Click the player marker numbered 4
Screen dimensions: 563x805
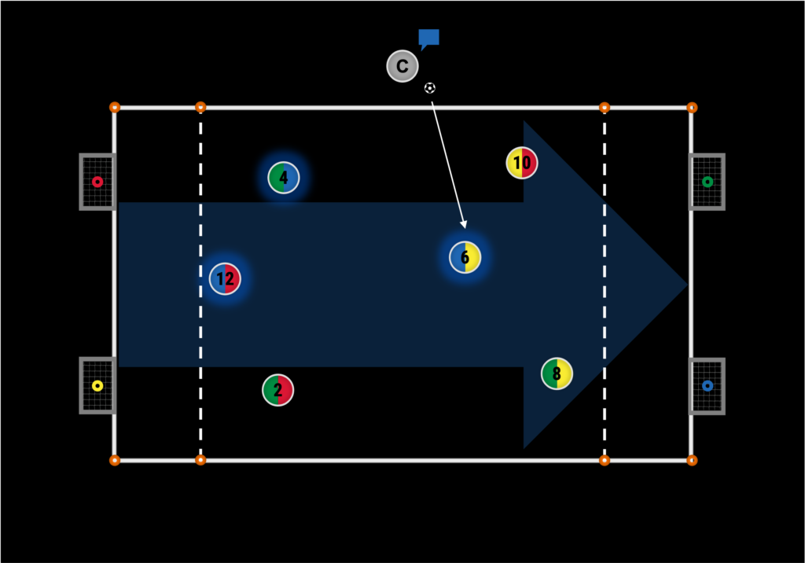[x=284, y=178]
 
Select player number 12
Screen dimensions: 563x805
[x=225, y=279]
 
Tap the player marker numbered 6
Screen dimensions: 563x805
[x=465, y=257]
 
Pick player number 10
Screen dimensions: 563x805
[x=522, y=164]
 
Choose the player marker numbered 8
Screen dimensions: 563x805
[x=557, y=373]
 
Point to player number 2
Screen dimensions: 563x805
[x=278, y=389]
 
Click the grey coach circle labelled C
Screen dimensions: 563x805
[x=402, y=66]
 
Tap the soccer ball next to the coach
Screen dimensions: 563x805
[x=429, y=88]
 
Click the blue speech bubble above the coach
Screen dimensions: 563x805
[x=428, y=38]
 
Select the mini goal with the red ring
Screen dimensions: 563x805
[x=97, y=182]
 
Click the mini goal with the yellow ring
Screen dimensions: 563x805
[x=97, y=385]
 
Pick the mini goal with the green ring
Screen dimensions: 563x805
[x=708, y=182]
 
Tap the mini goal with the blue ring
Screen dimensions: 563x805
[x=708, y=385]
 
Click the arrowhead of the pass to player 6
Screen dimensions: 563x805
[x=464, y=226]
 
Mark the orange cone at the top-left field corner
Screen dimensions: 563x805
[x=115, y=107]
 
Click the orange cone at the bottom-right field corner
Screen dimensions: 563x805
[x=692, y=460]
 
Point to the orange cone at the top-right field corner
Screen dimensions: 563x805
[x=692, y=107]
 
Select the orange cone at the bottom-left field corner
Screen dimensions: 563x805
[x=115, y=460]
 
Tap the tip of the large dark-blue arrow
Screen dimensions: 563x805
[x=686, y=285]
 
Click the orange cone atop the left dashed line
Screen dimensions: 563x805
[x=200, y=107]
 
